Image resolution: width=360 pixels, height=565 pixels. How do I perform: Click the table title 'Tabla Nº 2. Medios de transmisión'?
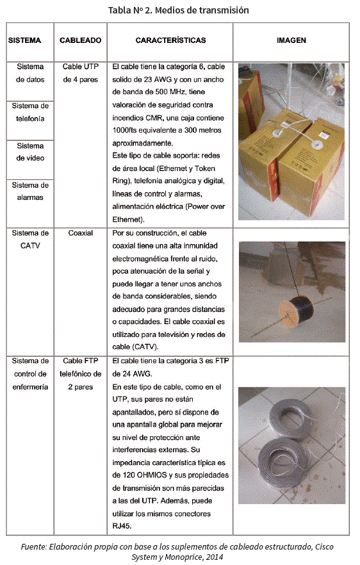[178, 10]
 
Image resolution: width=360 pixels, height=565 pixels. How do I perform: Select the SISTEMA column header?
[24, 40]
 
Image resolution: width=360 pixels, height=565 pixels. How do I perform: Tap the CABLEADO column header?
[80, 40]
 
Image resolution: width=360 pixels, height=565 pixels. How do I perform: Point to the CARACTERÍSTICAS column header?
[170, 40]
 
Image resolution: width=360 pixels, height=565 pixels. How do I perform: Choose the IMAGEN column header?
[291, 40]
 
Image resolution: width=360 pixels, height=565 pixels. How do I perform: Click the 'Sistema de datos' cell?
[30, 73]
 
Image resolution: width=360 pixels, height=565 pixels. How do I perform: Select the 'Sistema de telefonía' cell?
[30, 112]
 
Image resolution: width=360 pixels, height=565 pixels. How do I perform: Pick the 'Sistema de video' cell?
[30, 152]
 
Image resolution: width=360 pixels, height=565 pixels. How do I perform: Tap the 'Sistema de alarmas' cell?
[30, 191]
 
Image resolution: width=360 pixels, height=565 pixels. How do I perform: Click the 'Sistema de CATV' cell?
[30, 240]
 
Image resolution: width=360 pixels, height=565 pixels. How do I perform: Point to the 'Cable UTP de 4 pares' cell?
[80, 73]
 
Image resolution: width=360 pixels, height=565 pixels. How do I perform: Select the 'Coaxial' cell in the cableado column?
[80, 233]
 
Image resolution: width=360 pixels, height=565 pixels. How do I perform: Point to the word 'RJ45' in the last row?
[122, 526]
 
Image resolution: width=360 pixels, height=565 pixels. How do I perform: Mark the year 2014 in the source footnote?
[215, 557]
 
